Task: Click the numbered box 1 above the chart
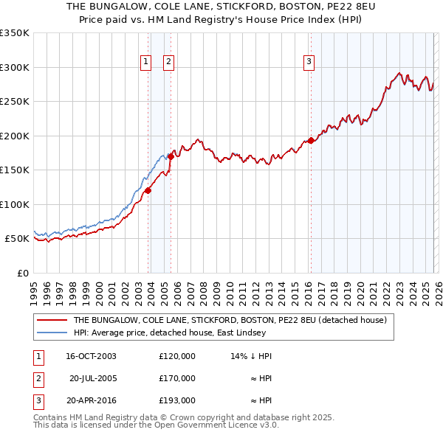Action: point(146,62)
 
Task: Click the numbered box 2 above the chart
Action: point(168,62)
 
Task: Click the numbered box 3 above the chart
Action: point(309,62)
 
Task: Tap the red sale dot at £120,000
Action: point(148,190)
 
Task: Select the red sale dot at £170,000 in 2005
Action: point(171,156)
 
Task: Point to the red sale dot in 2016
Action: point(311,140)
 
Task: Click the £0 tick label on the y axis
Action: point(23,273)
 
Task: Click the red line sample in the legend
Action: point(52,321)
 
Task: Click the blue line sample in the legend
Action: point(52,333)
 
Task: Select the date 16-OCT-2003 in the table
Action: point(91,356)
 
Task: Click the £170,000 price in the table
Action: point(177,378)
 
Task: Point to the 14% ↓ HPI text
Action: point(251,356)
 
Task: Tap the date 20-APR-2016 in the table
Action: point(91,400)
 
